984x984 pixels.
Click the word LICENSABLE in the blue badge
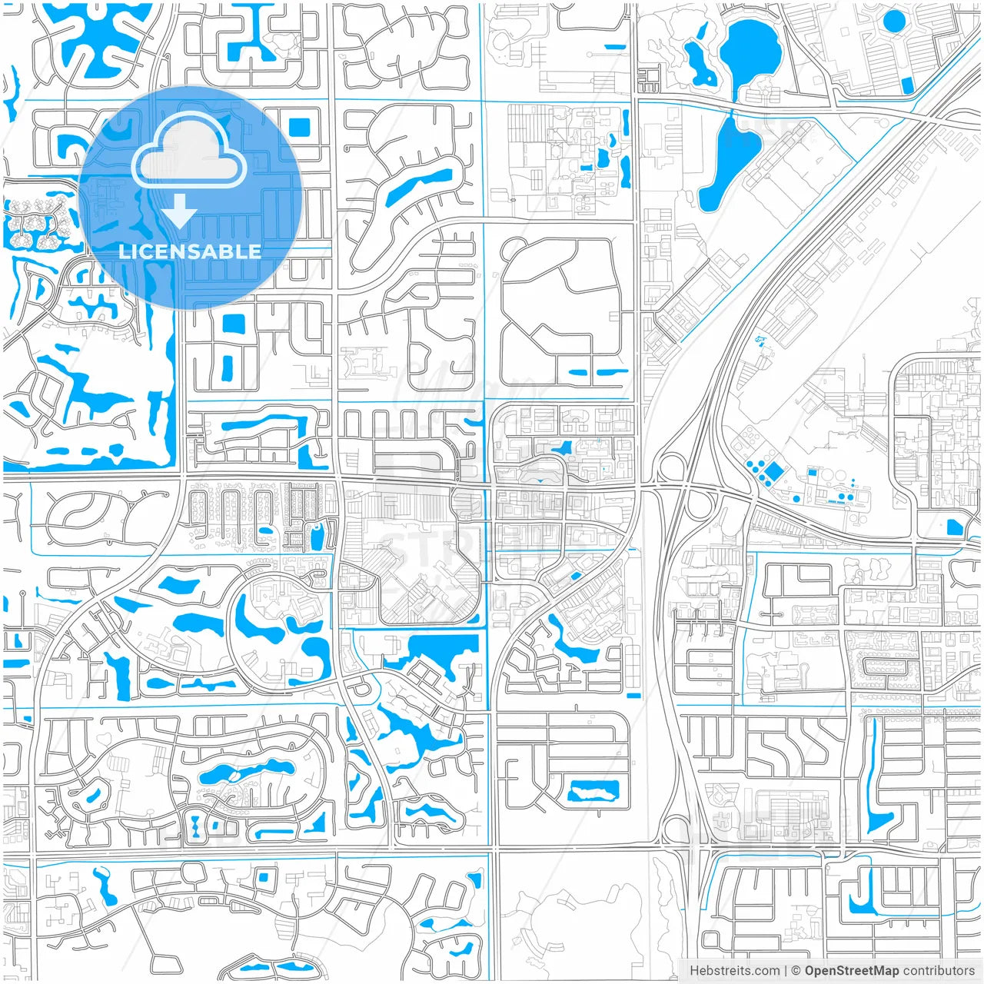point(190,251)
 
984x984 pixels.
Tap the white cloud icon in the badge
point(188,153)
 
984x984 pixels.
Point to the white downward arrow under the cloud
point(179,211)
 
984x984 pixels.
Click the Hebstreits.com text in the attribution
point(734,971)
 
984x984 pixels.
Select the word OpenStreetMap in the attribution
point(851,971)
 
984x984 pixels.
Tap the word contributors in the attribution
point(939,971)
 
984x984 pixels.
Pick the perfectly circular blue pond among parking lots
point(894,20)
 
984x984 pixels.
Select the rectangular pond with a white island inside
point(593,790)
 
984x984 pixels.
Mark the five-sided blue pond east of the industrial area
point(954,527)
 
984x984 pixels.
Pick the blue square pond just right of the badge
point(298,126)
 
